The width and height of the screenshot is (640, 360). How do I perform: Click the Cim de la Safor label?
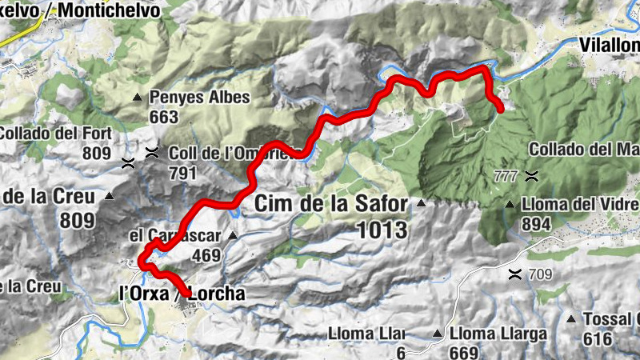[330, 204]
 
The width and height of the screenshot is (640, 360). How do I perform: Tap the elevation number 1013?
[382, 230]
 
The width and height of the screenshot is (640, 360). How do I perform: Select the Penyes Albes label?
[199, 98]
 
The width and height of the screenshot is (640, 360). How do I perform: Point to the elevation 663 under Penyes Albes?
[162, 117]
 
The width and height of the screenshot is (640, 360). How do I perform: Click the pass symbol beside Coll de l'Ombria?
[152, 152]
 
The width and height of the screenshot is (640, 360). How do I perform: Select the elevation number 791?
[183, 171]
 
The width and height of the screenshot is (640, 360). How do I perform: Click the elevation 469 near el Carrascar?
[206, 255]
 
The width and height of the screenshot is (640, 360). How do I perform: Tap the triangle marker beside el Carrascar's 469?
[232, 236]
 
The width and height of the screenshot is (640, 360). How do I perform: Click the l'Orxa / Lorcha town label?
[182, 294]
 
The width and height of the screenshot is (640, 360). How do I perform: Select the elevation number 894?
[536, 225]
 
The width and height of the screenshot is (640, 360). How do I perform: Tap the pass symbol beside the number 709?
[515, 275]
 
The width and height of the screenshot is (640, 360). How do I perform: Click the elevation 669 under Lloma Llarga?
[467, 353]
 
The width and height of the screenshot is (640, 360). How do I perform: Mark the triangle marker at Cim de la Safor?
[419, 204]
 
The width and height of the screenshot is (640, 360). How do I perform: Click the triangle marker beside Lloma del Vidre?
[509, 206]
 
